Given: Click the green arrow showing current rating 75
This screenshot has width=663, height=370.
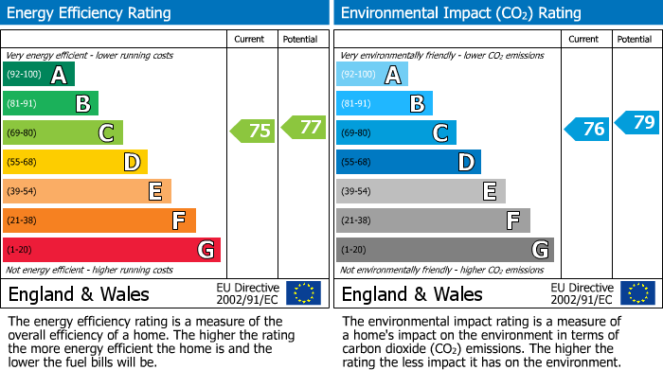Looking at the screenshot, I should tap(253, 132).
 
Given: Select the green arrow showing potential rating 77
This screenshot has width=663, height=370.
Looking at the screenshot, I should tap(303, 126).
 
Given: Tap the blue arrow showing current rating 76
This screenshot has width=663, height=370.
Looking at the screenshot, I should tap(586, 129).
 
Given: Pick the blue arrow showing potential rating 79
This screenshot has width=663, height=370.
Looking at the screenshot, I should tap(637, 122).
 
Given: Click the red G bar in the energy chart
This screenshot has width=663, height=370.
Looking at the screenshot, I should tap(111, 250).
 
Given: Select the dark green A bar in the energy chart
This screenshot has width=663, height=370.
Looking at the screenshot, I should tap(38, 74).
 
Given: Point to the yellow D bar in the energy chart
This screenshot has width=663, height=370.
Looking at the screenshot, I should tap(75, 162).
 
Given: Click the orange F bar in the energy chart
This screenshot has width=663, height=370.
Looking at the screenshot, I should tap(99, 220).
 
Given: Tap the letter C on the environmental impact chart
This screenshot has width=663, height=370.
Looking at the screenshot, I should tap(440, 132).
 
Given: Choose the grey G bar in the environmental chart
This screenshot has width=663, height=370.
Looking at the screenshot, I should tap(444, 250).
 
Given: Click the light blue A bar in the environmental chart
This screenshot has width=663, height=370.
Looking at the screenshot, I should tap(371, 74).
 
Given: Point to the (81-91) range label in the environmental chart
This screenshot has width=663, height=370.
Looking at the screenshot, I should tap(356, 103).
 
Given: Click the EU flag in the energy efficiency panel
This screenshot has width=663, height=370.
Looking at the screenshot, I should tap(303, 292).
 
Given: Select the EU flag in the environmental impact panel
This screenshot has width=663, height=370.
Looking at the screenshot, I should tap(637, 292).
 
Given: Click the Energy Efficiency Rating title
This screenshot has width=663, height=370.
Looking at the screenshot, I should tap(90, 13).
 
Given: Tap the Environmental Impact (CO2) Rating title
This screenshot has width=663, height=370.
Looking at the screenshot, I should tap(459, 13).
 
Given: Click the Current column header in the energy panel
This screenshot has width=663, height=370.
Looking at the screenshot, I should tap(251, 39).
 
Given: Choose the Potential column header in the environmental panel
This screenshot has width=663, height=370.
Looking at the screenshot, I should tap(635, 39).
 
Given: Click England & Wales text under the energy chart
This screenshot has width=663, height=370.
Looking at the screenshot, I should tap(77, 293).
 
